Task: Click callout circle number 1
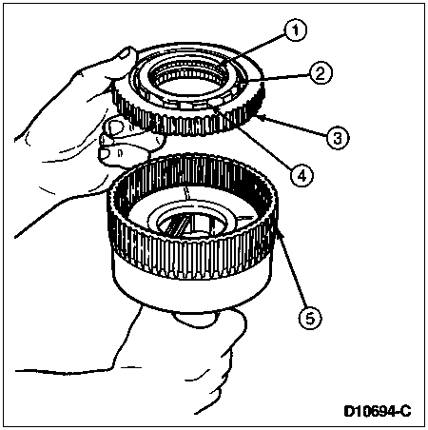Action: pos(295,30)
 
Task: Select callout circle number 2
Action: pos(320,73)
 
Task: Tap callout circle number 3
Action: pos(338,138)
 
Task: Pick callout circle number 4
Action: pos(302,175)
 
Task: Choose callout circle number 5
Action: pos(310,318)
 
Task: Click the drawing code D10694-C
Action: pos(378,411)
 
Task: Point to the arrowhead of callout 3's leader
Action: pos(263,118)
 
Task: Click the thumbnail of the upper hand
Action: pos(126,53)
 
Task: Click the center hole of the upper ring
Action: pos(191,80)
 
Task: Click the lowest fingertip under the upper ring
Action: pos(107,155)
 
